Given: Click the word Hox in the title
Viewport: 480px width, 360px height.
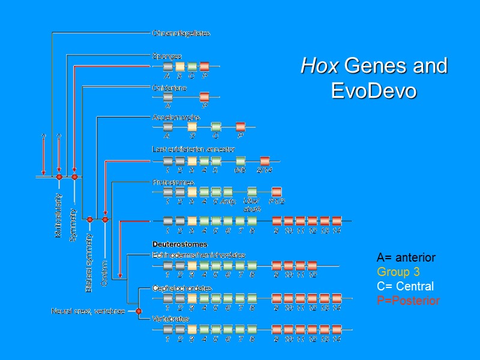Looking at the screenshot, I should click(320, 66).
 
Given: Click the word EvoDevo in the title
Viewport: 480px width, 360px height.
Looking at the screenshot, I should click(374, 92).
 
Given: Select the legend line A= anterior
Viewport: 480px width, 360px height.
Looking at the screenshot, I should click(406, 257).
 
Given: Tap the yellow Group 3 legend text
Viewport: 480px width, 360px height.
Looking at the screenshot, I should click(398, 272).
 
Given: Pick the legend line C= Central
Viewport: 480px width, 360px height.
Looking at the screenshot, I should click(405, 286).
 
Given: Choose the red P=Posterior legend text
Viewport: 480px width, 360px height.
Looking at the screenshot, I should click(408, 301).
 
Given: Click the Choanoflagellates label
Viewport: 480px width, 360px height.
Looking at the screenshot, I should click(181, 33).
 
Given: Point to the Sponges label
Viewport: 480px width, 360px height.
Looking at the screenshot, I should click(167, 56).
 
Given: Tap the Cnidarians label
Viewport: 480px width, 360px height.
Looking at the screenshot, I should click(170, 88).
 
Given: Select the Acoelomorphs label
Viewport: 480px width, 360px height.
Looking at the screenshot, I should click(176, 118).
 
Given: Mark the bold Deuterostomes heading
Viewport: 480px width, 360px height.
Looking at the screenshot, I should click(180, 245).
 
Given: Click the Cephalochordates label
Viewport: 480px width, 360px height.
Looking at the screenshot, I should click(182, 289).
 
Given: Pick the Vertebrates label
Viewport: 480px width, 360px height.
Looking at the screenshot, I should click(170, 319).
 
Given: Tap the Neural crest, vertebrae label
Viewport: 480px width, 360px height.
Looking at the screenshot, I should click(88, 311).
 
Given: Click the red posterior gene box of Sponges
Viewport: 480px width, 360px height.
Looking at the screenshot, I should click(204, 66).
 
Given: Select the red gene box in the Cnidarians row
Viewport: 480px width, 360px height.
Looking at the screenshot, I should click(204, 97).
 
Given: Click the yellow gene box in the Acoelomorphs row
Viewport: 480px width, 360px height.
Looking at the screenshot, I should click(192, 127).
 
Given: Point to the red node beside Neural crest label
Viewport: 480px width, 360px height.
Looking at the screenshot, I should click(139, 311).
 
